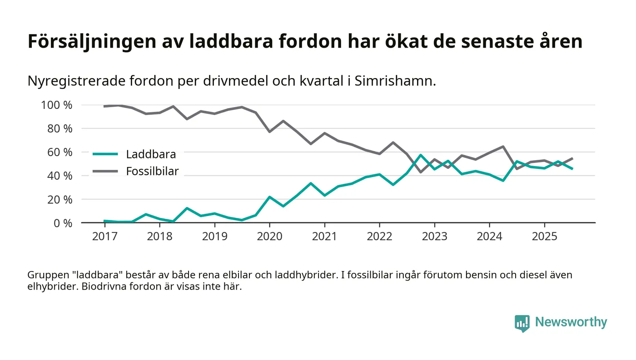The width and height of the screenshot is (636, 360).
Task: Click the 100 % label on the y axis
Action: [57, 105]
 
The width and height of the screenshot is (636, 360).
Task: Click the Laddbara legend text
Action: [151, 154]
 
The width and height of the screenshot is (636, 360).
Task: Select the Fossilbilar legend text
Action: [152, 171]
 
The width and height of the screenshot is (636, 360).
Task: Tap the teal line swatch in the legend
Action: [105, 154]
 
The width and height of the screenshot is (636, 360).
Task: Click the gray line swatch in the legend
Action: [105, 171]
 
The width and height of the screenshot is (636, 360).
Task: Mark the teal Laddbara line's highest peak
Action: [421, 155]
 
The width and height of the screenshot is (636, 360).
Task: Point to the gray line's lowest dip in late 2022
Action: [421, 172]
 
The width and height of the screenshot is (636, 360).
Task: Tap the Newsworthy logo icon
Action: [522, 323]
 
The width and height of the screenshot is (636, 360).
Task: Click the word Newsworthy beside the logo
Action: [571, 322]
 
